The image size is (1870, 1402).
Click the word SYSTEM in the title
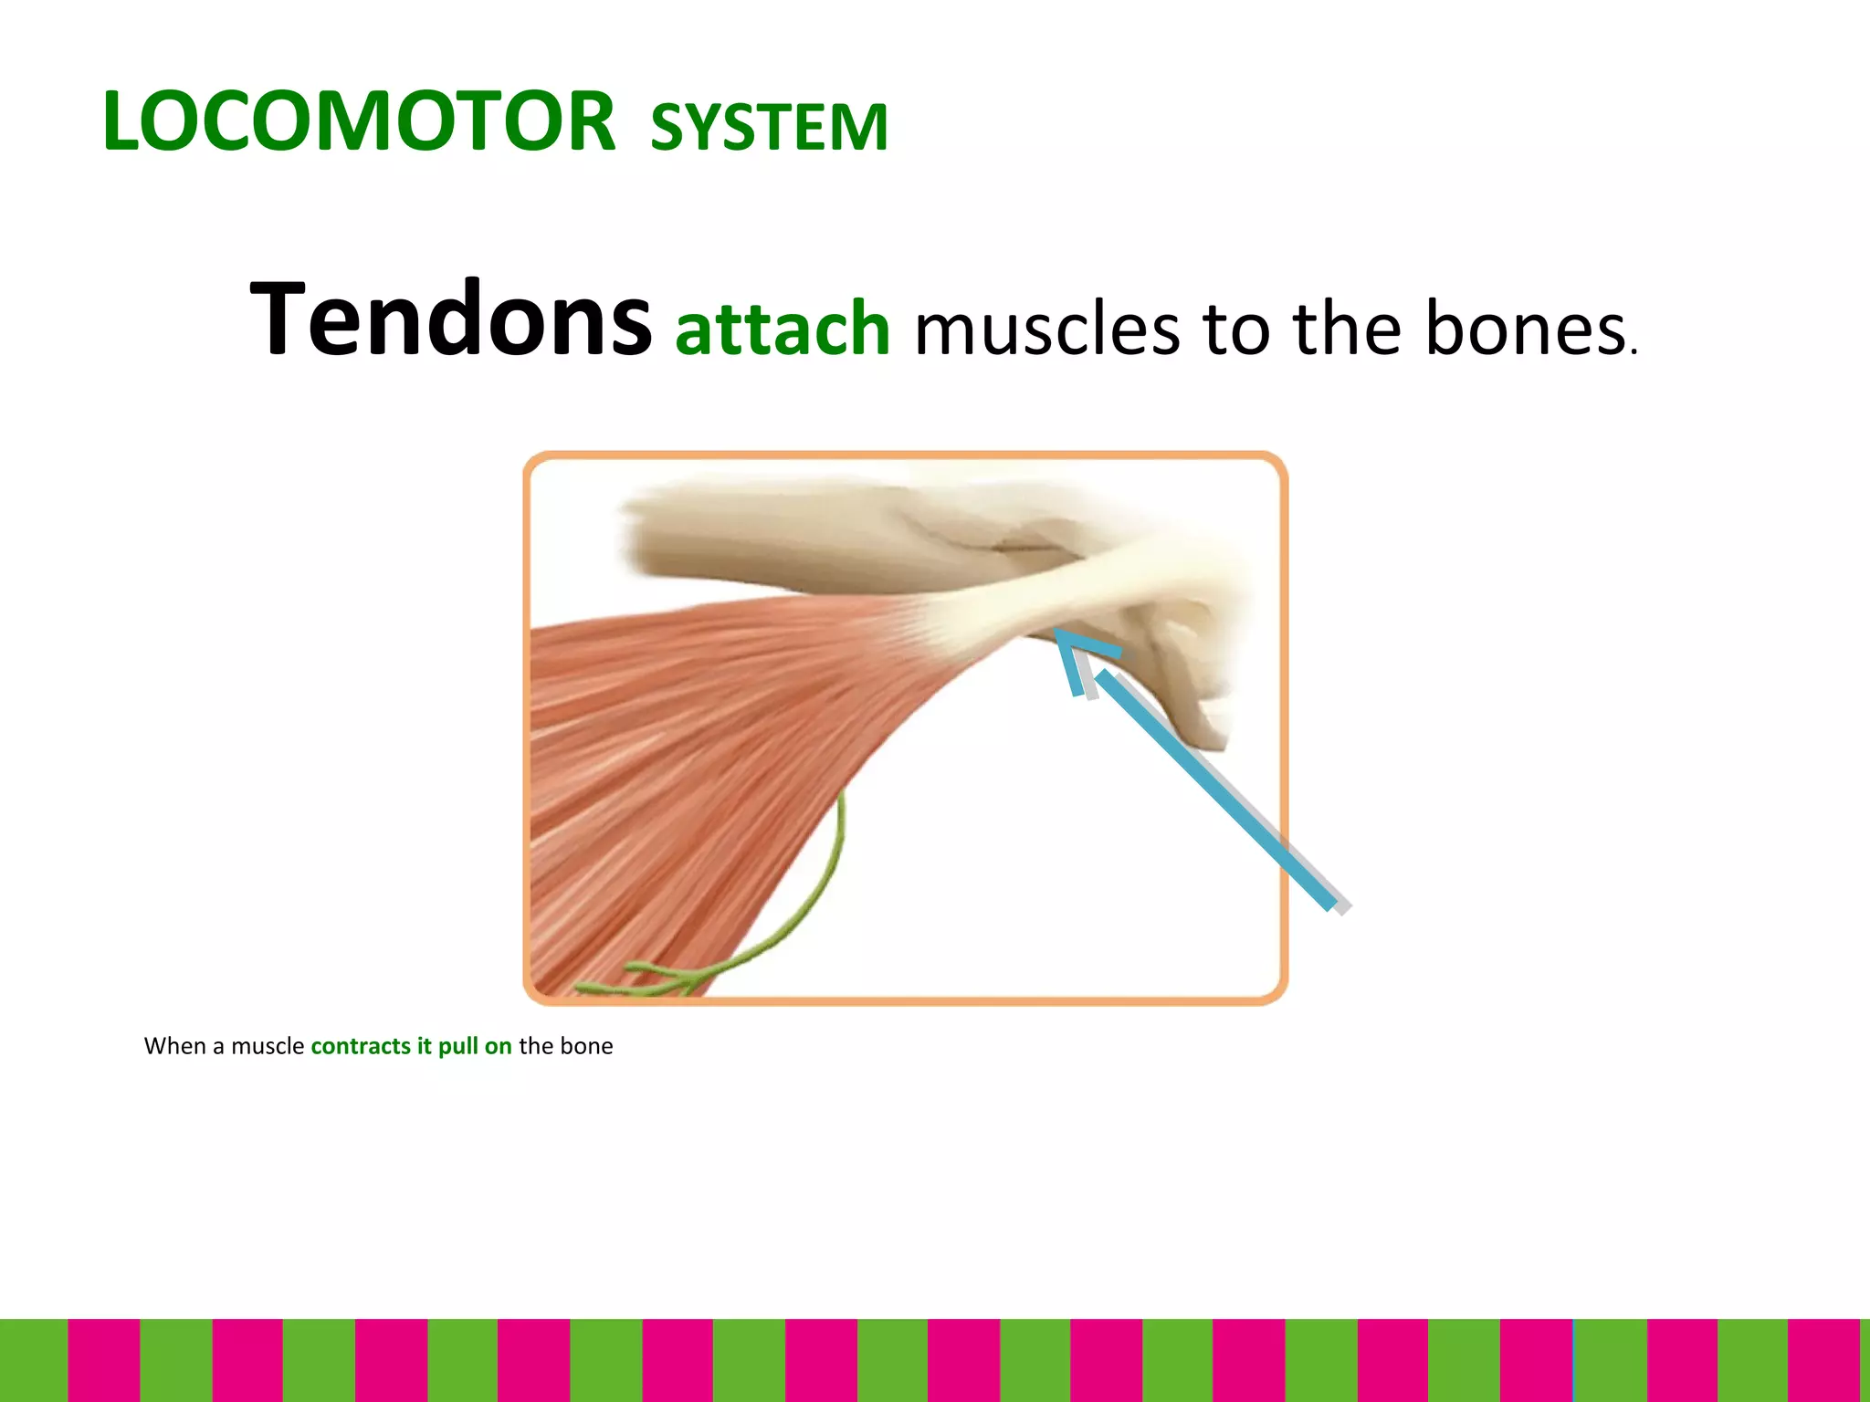coord(769,127)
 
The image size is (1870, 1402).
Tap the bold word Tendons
coord(451,319)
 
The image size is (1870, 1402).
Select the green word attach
coord(783,329)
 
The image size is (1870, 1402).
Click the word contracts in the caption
coord(361,1046)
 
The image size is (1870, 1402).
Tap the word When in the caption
coord(174,1046)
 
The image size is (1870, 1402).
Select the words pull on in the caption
coord(474,1046)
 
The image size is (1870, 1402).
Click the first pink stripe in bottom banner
coord(103,1360)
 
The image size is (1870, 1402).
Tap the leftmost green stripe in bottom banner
coord(33,1360)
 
